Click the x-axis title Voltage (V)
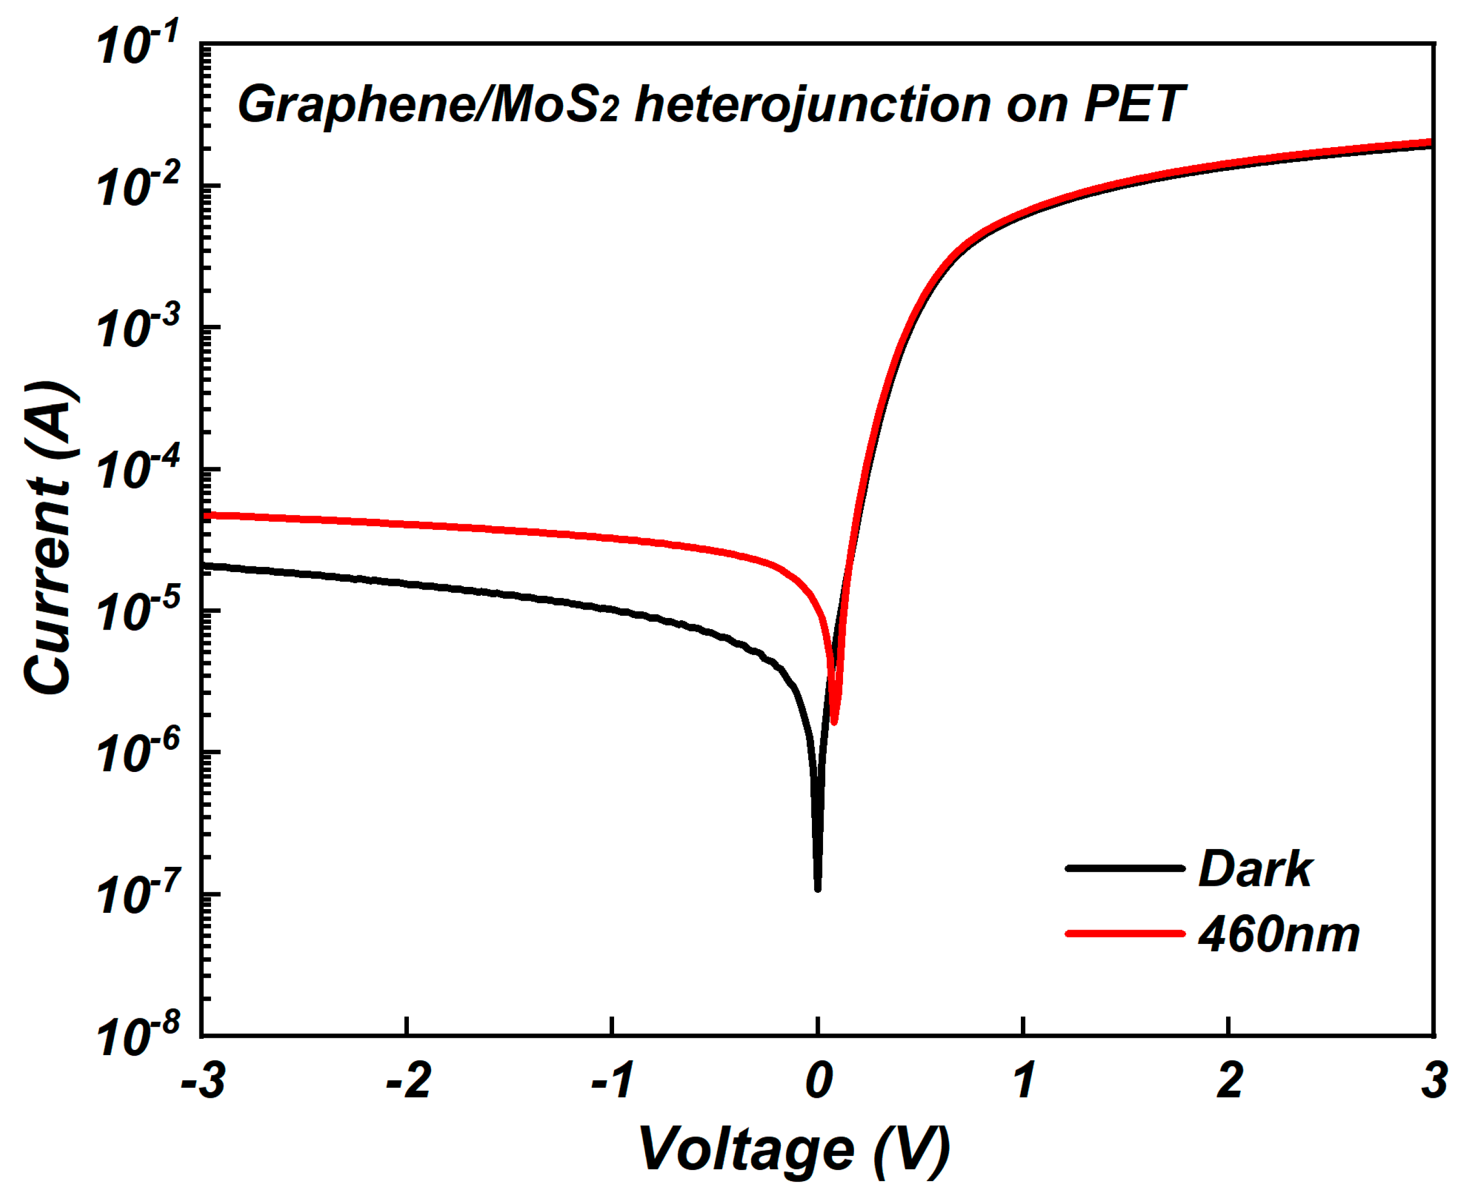pos(793,1148)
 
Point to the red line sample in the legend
pos(1125,933)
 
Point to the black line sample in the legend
pos(1125,868)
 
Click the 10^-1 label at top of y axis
pos(138,45)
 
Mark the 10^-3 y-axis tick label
pos(138,327)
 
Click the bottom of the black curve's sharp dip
pos(818,888)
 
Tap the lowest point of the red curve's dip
pos(834,722)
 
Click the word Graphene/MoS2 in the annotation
pos(428,105)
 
